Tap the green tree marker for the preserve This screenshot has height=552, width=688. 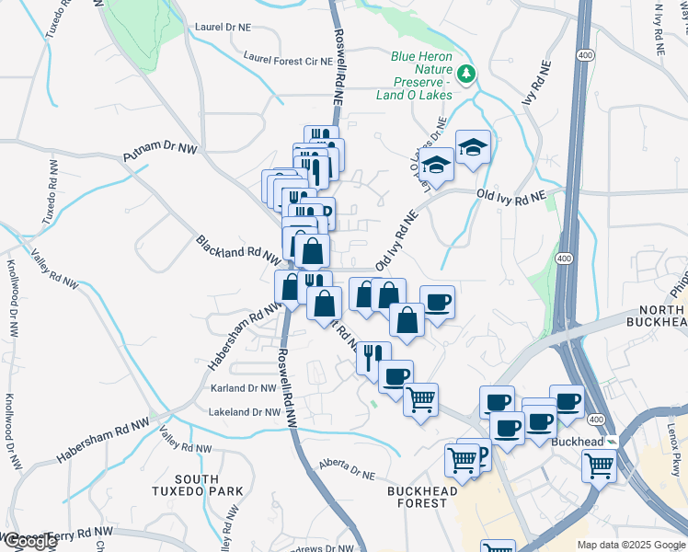pos(468,73)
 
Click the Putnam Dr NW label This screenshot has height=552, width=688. pos(161,153)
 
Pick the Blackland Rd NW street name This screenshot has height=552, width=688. pos(237,250)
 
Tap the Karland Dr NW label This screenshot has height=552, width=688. pos(244,389)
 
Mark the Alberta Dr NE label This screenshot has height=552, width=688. pos(348,469)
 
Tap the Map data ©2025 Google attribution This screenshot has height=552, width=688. pos(630,545)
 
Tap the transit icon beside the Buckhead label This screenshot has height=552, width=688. pos(613,442)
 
